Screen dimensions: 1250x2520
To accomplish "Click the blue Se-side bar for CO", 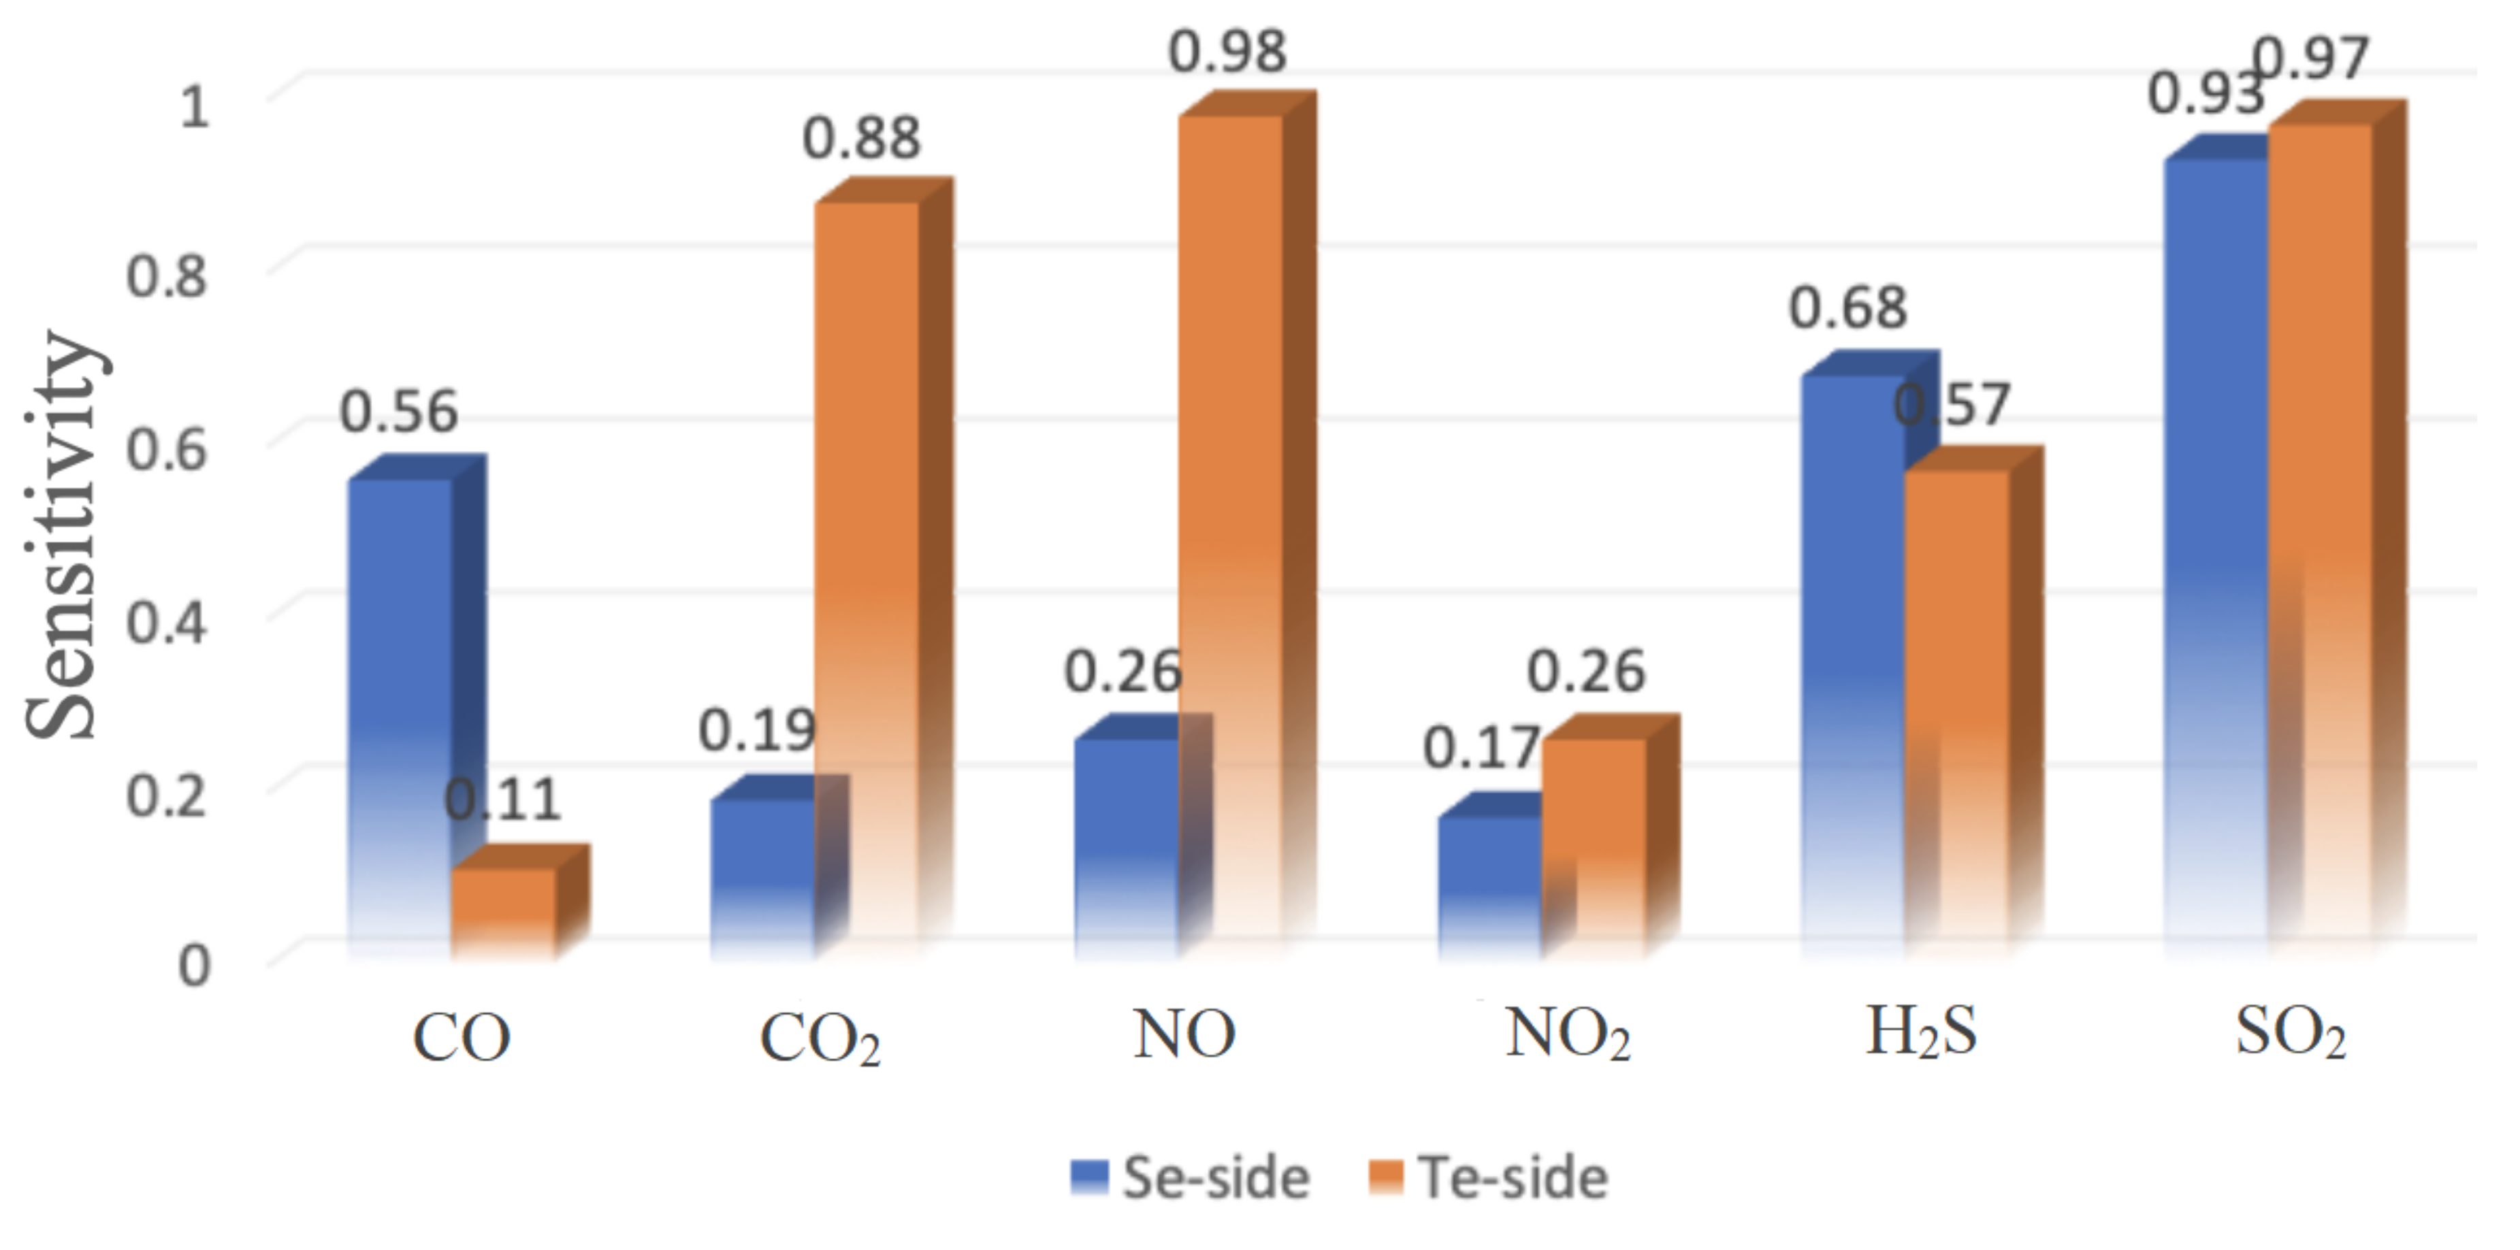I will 401,714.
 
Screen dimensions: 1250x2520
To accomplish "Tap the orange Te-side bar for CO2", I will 868,577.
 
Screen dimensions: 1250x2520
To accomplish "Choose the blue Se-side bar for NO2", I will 1489,885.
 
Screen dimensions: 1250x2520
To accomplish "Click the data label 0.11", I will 503,800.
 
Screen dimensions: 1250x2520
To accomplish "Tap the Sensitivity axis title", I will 61,536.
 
